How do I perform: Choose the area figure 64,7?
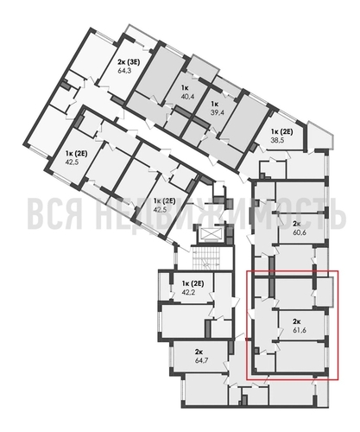[x=198, y=361]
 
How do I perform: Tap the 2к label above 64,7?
[x=198, y=353]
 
